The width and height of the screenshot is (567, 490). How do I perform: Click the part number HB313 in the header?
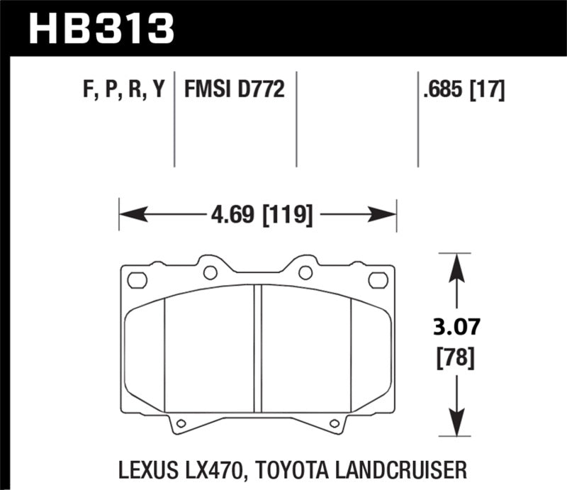[100, 28]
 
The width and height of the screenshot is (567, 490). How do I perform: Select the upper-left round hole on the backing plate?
[210, 272]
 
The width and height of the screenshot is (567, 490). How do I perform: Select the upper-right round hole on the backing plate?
[305, 272]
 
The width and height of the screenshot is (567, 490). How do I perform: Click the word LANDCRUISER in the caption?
[400, 469]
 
